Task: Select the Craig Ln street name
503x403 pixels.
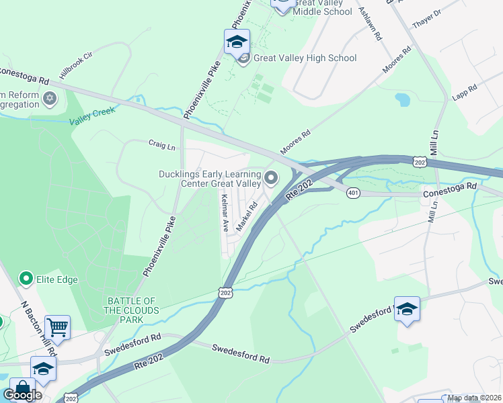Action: pos(162,145)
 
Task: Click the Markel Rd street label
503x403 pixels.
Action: pos(248,216)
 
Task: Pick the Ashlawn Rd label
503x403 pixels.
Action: pos(371,24)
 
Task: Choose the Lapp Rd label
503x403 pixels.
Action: pos(465,91)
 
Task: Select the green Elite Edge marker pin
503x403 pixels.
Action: pos(26,278)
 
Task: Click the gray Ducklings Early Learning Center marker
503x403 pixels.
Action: pos(272,178)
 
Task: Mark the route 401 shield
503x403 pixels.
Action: pos(353,193)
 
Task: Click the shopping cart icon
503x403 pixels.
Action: pos(57,328)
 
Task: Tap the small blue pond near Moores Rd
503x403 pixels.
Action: pos(403,100)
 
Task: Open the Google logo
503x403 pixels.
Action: pos(22,394)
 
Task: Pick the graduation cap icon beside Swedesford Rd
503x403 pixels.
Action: pos(407,309)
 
